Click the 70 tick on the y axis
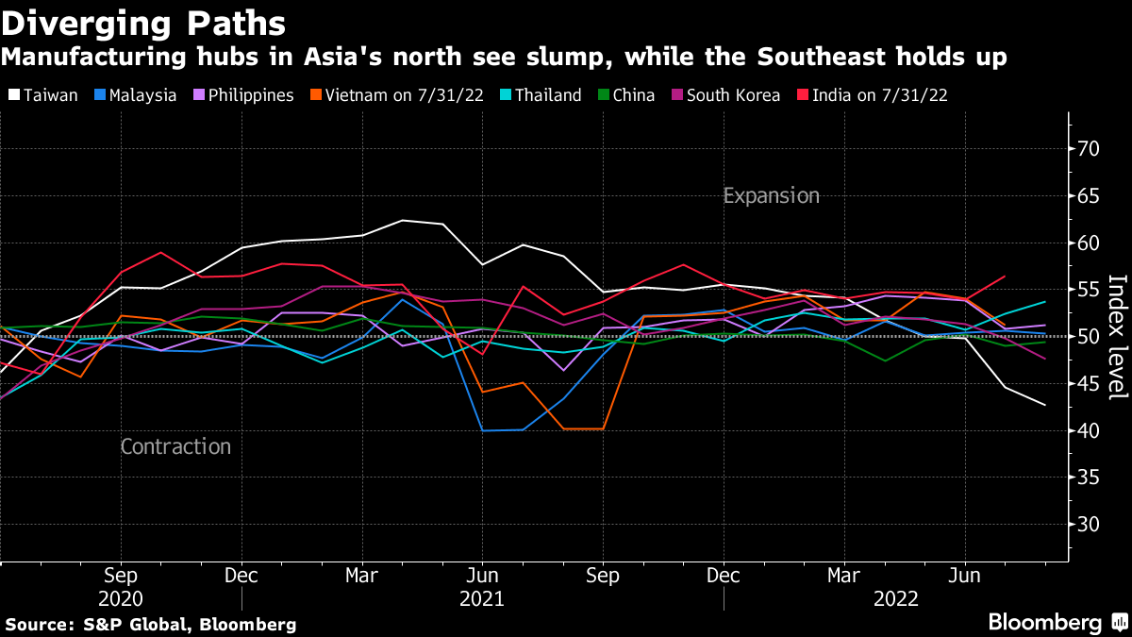[1089, 149]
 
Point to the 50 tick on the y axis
[1089, 337]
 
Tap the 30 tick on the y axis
[1089, 524]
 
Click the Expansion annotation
[771, 196]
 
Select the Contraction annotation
[175, 446]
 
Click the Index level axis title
[1118, 337]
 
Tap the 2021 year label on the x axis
[482, 599]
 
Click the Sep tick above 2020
[121, 575]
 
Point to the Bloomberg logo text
[1044, 622]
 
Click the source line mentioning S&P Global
[151, 624]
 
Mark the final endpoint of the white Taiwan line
[1045, 405]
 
